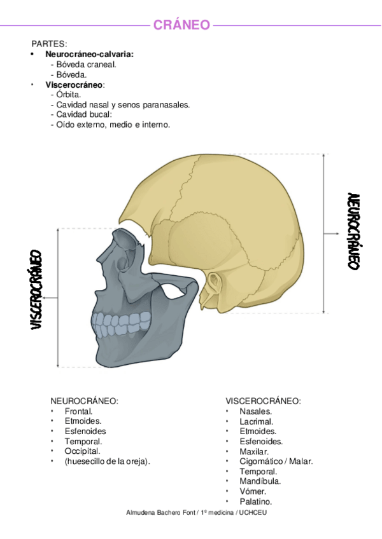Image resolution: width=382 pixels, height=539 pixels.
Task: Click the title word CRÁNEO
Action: coord(181,25)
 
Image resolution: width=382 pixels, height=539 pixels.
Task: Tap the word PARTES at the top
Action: coord(49,44)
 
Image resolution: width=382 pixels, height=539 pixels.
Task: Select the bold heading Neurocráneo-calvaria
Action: coord(94,55)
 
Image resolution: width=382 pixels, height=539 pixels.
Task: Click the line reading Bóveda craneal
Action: coord(86,64)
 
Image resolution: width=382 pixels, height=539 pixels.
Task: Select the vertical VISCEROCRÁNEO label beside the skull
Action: coord(36,289)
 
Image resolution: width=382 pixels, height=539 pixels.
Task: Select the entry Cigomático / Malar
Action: coord(276,461)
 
